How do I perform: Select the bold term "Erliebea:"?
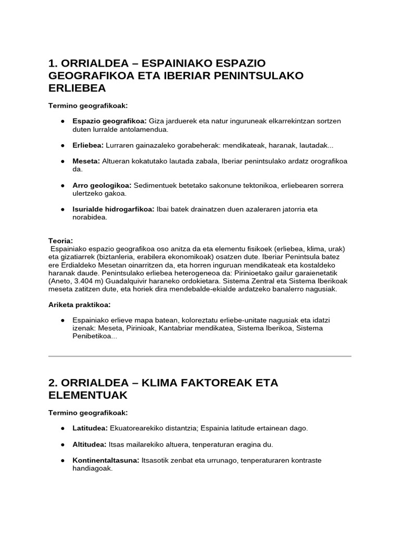89,145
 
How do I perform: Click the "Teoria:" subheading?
60,241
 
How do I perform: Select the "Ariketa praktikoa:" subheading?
79,304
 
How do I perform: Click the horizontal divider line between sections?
200,356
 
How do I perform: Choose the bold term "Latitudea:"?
90,428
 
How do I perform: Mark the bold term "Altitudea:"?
90,445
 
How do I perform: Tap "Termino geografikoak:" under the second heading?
88,413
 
